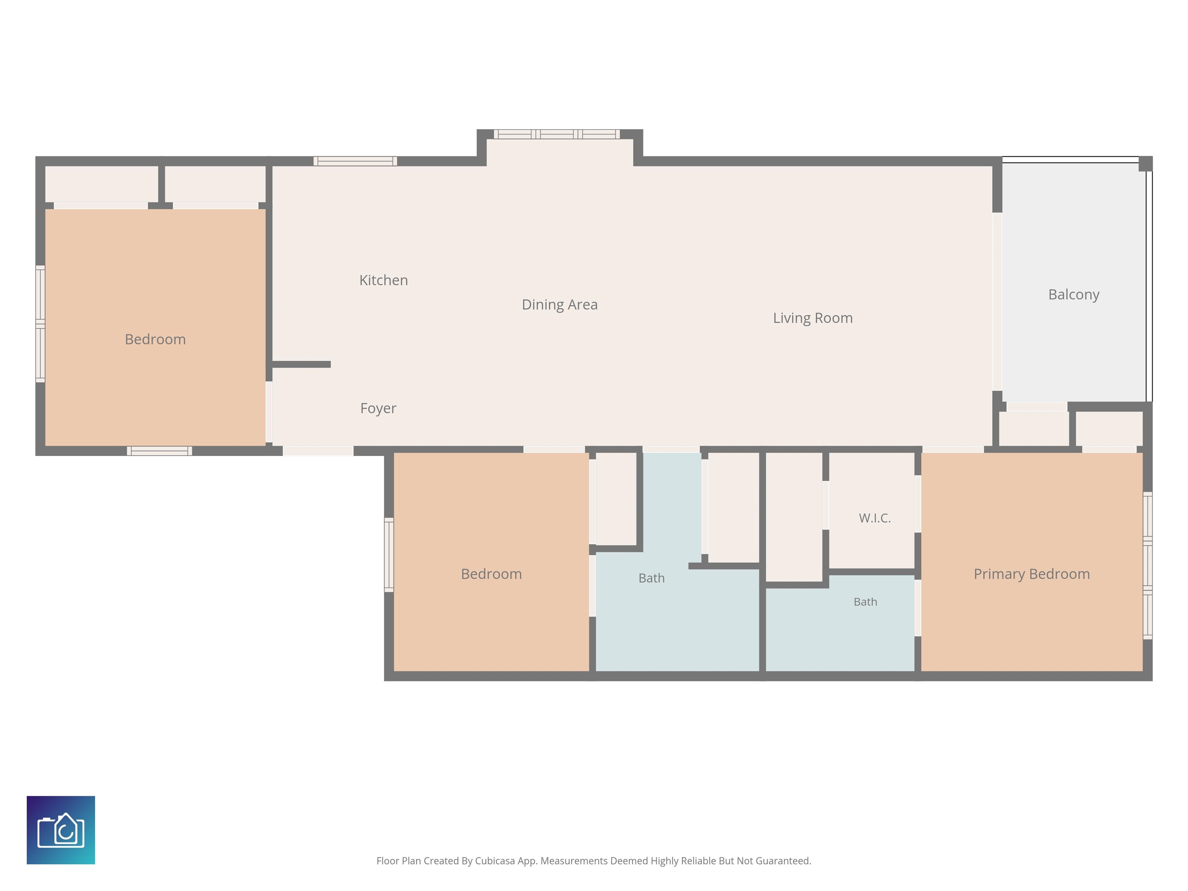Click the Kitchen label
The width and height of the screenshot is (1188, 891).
pos(384,280)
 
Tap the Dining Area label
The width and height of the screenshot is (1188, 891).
pos(560,304)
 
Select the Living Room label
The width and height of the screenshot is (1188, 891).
pos(812,318)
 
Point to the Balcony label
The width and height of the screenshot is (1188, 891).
pos(1074,294)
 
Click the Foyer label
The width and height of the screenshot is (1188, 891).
pos(378,408)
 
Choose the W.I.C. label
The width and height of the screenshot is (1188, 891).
pos(874,518)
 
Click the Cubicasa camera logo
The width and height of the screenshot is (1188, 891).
pos(61,830)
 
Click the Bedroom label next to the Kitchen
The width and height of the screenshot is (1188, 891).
pos(155,340)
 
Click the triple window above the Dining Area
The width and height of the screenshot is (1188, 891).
pos(557,134)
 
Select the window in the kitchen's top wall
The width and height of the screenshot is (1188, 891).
pos(355,161)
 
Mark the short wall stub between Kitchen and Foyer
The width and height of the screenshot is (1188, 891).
pos(301,365)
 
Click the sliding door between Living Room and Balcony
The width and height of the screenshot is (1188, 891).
pos(997,301)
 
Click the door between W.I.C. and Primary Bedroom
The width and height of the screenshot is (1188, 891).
pos(918,504)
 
